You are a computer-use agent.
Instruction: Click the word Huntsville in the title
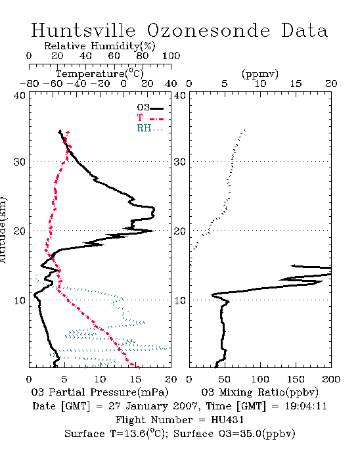click(83, 30)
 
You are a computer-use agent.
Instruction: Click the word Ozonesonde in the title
click(208, 30)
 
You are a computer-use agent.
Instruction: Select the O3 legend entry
click(150, 108)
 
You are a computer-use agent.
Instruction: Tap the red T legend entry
click(150, 118)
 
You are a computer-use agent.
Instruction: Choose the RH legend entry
click(150, 128)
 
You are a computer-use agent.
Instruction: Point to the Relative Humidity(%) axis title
click(99, 46)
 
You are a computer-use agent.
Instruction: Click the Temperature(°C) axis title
click(99, 74)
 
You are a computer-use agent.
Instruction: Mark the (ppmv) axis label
click(260, 74)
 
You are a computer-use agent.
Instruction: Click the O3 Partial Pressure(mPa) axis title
click(100, 392)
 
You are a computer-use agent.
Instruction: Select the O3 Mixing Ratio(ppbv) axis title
click(259, 392)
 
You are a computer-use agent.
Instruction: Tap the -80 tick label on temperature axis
click(29, 84)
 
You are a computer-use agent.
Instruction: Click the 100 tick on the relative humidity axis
click(171, 56)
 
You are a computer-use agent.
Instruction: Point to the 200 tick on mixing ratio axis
click(331, 379)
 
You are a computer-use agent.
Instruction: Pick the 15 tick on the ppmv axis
click(296, 84)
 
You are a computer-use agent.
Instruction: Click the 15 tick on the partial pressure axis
click(135, 379)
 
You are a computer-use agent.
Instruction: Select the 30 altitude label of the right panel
click(179, 162)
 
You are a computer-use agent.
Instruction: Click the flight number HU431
click(227, 420)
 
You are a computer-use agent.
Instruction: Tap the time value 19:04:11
click(305, 406)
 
